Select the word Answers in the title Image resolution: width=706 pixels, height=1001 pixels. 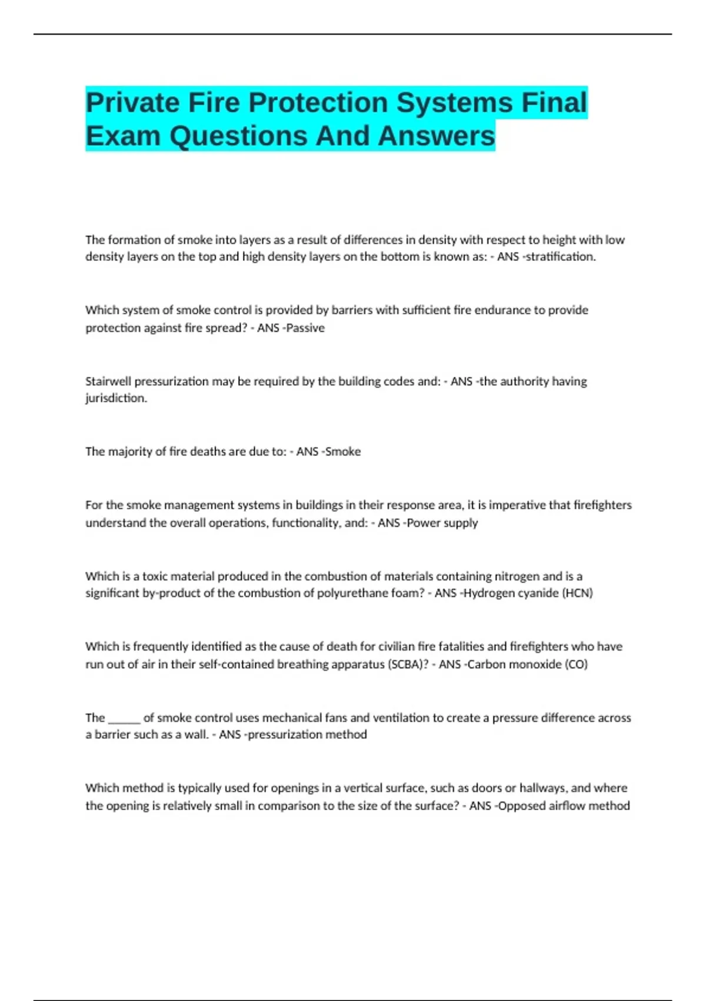[437, 136]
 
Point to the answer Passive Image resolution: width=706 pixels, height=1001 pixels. [305, 328]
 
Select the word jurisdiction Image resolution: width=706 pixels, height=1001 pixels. [116, 399]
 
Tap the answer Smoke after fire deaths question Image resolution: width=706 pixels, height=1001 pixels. [343, 452]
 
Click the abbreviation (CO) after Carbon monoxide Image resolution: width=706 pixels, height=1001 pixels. [576, 664]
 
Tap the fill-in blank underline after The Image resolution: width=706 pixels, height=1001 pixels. [124, 718]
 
